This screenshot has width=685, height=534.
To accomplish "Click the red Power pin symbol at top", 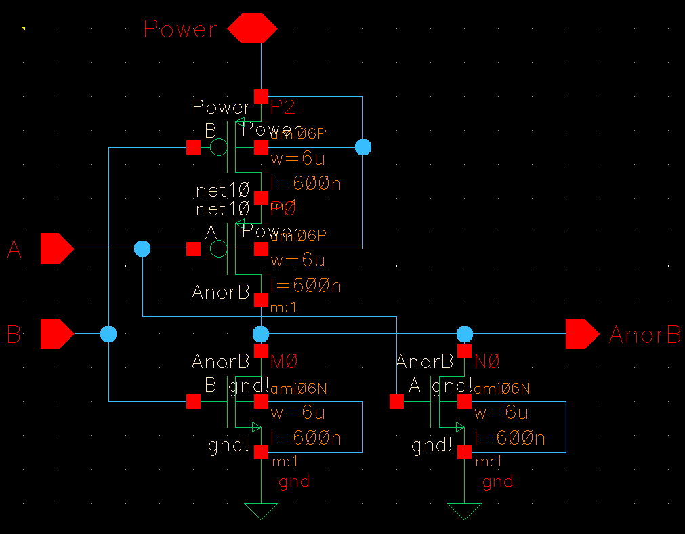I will pos(252,29).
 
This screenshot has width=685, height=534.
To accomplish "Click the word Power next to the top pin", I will pos(180,30).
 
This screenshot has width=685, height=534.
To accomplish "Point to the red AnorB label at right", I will pos(644,335).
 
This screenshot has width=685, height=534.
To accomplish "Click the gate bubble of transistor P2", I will pos(219,147).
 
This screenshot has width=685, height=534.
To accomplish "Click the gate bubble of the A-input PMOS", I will pos(219,249).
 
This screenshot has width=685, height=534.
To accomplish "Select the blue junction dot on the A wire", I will pos(142,249).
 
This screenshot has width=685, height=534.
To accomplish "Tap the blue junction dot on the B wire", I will pos(108,334).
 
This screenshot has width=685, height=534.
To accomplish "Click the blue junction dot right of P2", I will pos(363,147).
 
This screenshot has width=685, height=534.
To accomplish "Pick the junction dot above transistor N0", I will pos(464,334).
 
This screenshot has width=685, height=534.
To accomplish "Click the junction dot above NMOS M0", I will pos(261,334).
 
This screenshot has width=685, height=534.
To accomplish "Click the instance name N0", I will pos(488,362).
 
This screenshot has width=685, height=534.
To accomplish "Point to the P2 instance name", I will pos(283,107).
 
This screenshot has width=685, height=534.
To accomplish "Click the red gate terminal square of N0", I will pos(396,402).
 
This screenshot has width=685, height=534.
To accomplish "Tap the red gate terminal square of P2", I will pos(193,147).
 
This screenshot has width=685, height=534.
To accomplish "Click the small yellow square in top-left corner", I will pos(23,28).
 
